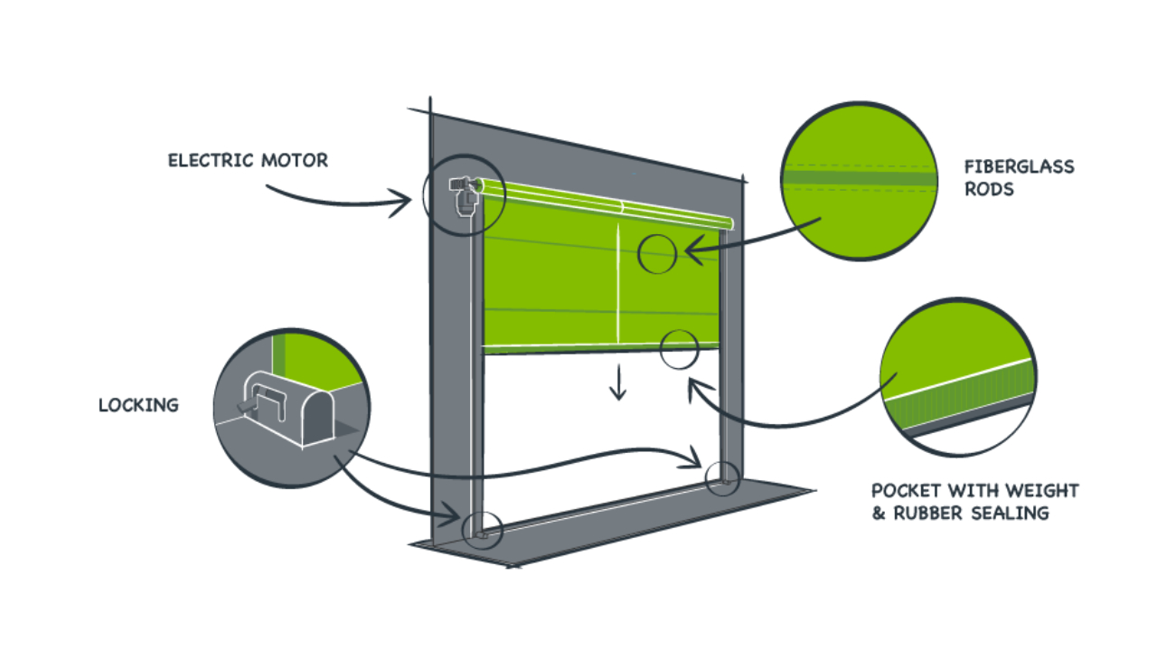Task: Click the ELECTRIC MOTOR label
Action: pos(248,161)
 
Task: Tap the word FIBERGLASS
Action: pos(1019,167)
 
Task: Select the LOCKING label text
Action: pos(138,405)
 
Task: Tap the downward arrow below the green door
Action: pos(617,383)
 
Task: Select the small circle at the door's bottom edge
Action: pos(680,349)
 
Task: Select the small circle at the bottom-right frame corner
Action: pos(722,477)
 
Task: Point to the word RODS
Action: pos(988,190)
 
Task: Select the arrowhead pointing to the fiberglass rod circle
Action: pos(692,251)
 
